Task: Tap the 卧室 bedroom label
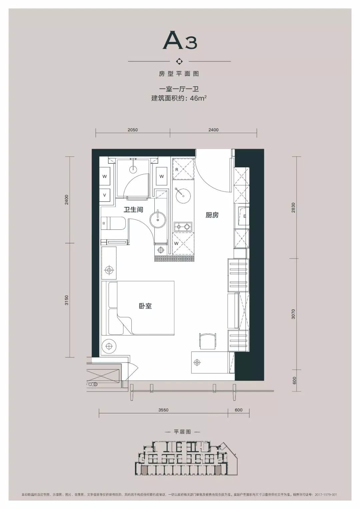coord(145,306)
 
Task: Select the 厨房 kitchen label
coord(212,215)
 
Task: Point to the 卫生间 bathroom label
coord(133,209)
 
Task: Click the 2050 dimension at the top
coord(133,130)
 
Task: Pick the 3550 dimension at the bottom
coord(163,410)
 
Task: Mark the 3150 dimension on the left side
coord(67,300)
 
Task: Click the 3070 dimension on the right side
coord(293,314)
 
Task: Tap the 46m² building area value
coord(198,98)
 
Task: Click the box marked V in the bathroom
coord(105,195)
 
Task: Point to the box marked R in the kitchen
coord(177,169)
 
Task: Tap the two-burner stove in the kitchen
coord(183,227)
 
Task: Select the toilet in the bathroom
coord(113,223)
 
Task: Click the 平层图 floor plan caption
coord(182,432)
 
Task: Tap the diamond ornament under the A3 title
coord(179,61)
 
